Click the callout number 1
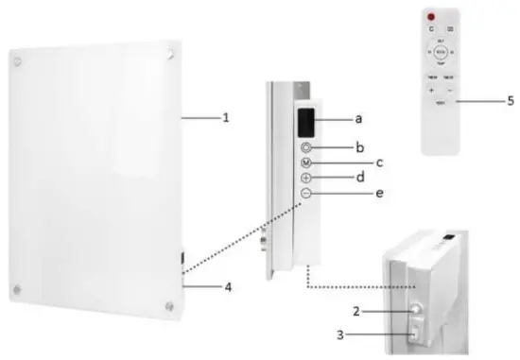225,118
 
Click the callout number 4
225,284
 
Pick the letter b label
360,147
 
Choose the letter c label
379,163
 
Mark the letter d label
360,177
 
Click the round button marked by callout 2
417,309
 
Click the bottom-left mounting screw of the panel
16,289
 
